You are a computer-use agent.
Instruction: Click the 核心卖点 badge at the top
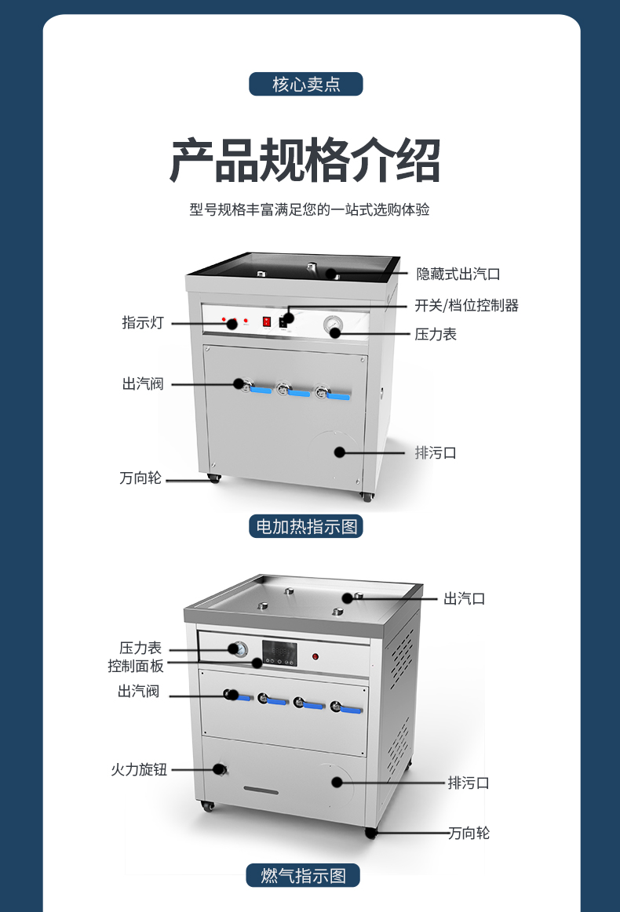pos(306,84)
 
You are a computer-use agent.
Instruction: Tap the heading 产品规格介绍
pos(306,161)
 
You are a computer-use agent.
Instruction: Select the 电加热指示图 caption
pos(306,526)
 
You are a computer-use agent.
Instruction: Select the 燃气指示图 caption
pos(304,875)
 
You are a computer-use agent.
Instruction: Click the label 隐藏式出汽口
pos(458,274)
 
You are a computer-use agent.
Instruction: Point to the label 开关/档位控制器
pos(466,305)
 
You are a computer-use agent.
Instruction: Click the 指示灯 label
pos(143,322)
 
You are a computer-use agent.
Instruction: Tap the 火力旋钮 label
pos(139,769)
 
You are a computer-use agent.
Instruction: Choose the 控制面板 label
pos(136,666)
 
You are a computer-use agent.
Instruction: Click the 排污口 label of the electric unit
pos(436,452)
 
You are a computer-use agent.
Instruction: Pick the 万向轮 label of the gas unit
pos(469,832)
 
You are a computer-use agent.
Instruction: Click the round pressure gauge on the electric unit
pos(334,324)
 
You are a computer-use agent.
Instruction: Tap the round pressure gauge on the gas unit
pos(236,649)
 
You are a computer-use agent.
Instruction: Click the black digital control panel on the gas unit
pos(279,654)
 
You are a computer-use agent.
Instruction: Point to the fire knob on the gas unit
pos(219,768)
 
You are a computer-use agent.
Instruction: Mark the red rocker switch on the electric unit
pos(267,321)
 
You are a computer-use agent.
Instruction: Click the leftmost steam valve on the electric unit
pos(242,384)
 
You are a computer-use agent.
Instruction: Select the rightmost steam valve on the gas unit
pos(339,706)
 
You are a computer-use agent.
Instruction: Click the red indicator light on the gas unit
pos(315,656)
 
